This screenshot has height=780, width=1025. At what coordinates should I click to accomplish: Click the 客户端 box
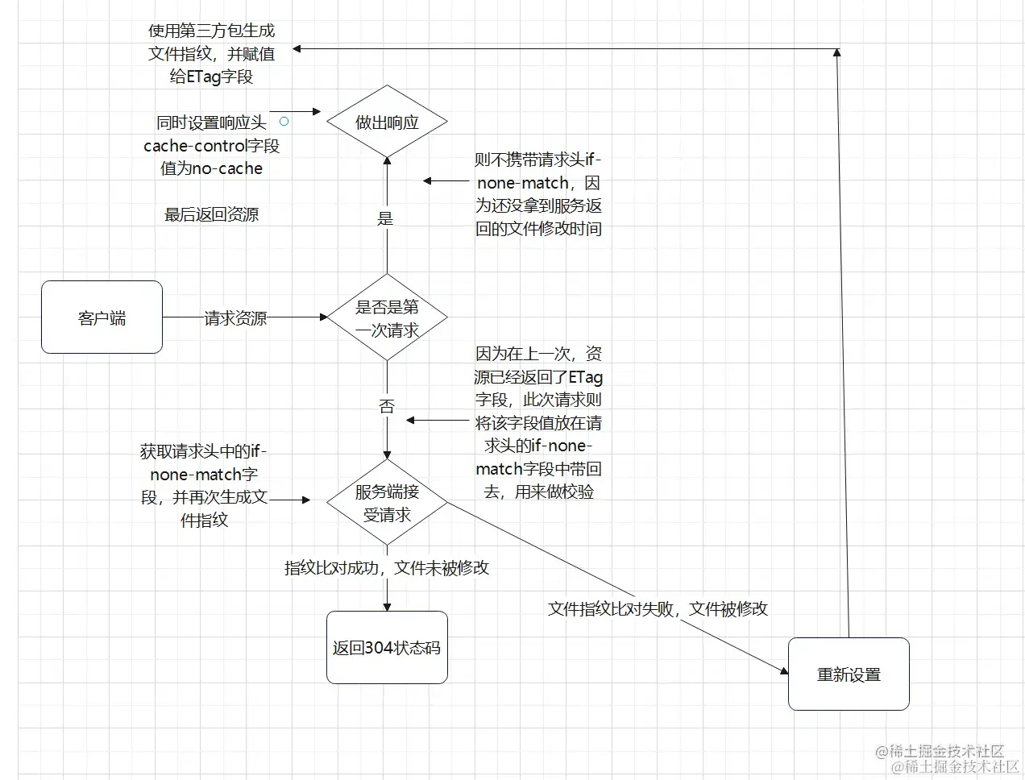tap(102, 317)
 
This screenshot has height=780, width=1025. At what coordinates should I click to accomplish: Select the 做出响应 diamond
tap(387, 122)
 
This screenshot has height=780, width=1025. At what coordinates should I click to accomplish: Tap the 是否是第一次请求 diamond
tap(387, 317)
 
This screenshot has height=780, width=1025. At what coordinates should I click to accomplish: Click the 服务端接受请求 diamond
tap(387, 502)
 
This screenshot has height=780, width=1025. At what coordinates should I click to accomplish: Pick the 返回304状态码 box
tap(387, 648)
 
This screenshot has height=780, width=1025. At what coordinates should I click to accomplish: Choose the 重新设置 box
tap(849, 674)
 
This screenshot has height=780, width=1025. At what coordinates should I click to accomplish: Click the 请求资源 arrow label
tap(235, 318)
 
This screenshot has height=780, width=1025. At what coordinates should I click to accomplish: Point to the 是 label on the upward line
tap(386, 218)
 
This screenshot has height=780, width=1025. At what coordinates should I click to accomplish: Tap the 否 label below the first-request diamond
tap(387, 406)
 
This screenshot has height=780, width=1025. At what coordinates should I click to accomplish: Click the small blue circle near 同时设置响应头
tap(284, 122)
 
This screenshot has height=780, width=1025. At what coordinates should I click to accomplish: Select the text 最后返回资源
tap(212, 214)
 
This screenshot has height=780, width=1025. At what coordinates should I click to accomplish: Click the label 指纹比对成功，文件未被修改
tap(387, 568)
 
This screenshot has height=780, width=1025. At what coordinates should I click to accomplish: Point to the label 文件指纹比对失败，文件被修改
tap(658, 609)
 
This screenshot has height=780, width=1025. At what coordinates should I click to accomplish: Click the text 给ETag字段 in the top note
tap(212, 77)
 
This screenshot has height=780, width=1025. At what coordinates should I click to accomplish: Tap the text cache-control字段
tap(212, 146)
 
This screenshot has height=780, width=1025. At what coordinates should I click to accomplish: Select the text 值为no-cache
tap(212, 168)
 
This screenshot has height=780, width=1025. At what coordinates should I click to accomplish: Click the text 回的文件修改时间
tap(538, 229)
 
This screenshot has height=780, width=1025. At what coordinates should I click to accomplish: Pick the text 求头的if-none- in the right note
tap(538, 446)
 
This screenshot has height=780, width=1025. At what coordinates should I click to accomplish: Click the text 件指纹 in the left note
tap(205, 521)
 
